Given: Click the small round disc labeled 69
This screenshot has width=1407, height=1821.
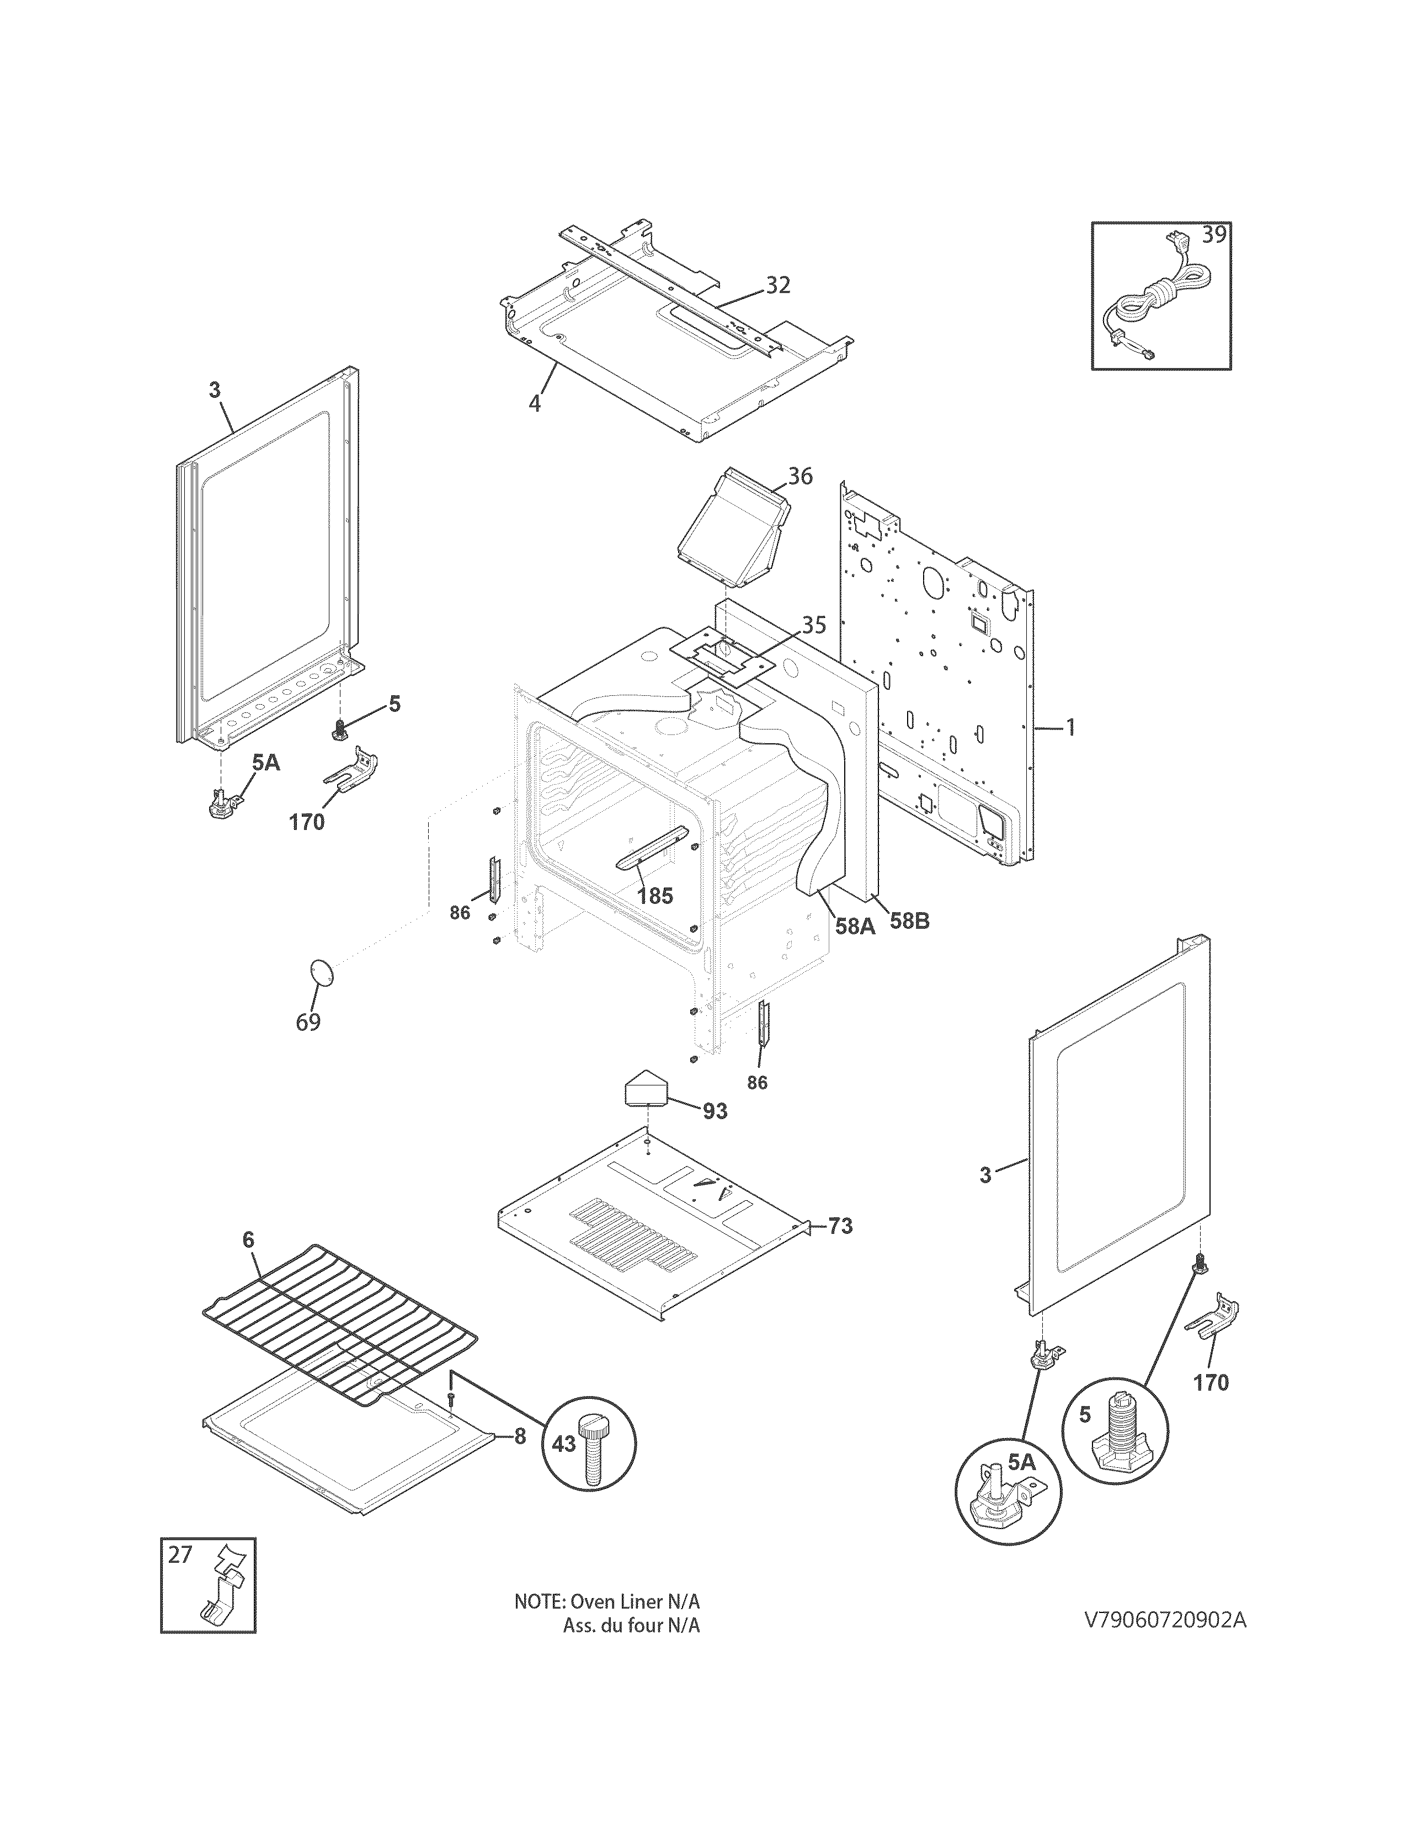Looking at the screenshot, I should point(321,971).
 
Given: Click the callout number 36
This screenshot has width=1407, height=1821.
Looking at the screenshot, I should point(800,476).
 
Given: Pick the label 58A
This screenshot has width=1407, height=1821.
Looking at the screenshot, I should point(854,925).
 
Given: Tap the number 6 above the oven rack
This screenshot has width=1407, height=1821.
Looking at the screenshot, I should point(248,1263).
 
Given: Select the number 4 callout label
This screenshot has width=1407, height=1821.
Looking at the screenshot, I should point(534,403).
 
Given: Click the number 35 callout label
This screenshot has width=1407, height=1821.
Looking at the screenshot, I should point(814,625).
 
